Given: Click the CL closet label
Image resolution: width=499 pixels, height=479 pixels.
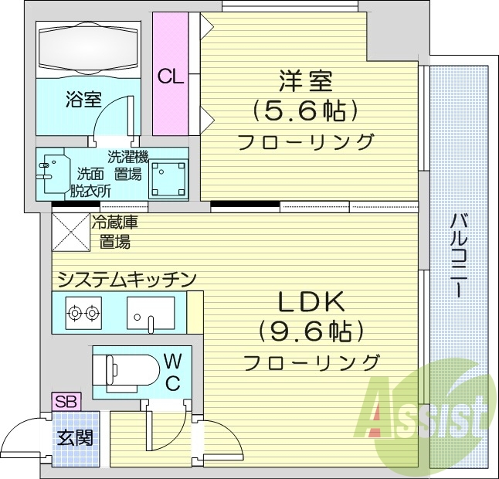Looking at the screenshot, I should point(169,76).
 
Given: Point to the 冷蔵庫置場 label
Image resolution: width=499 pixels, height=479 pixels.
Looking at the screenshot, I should point(113,233).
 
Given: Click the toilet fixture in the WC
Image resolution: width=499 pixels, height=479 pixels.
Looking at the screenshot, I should point(124,370).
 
